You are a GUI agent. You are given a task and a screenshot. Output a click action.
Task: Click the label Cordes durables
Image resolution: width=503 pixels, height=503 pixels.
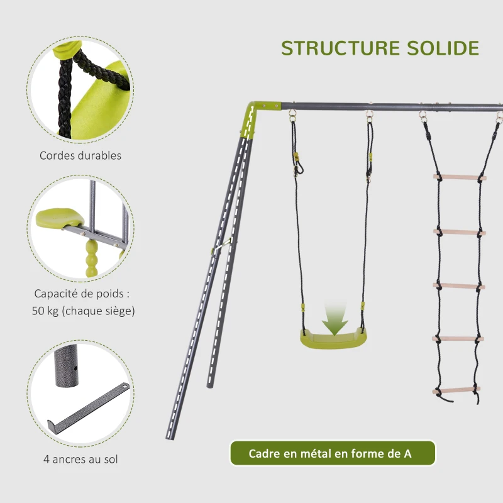click(x=80, y=155)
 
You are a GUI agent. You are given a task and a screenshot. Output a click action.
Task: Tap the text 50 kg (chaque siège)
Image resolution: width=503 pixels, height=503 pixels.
click(x=83, y=311)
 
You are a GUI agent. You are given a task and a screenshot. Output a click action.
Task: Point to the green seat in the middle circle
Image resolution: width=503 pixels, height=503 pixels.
click(x=58, y=218)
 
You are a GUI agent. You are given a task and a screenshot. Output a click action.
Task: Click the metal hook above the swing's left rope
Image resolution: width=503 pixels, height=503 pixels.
click(x=293, y=117)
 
